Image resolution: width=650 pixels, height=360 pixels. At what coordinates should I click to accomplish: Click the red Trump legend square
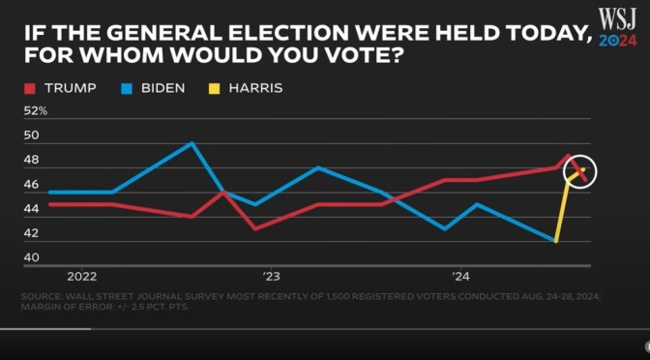[29, 89]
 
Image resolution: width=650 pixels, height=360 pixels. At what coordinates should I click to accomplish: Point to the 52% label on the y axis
[35, 111]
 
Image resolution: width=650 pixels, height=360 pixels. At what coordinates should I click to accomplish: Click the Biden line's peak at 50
[192, 143]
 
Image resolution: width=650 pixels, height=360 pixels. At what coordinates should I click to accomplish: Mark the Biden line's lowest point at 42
[555, 241]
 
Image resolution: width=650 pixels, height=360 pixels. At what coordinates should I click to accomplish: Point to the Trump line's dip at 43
[254, 228]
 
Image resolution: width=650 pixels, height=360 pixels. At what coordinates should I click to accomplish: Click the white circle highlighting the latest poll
[582, 172]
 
